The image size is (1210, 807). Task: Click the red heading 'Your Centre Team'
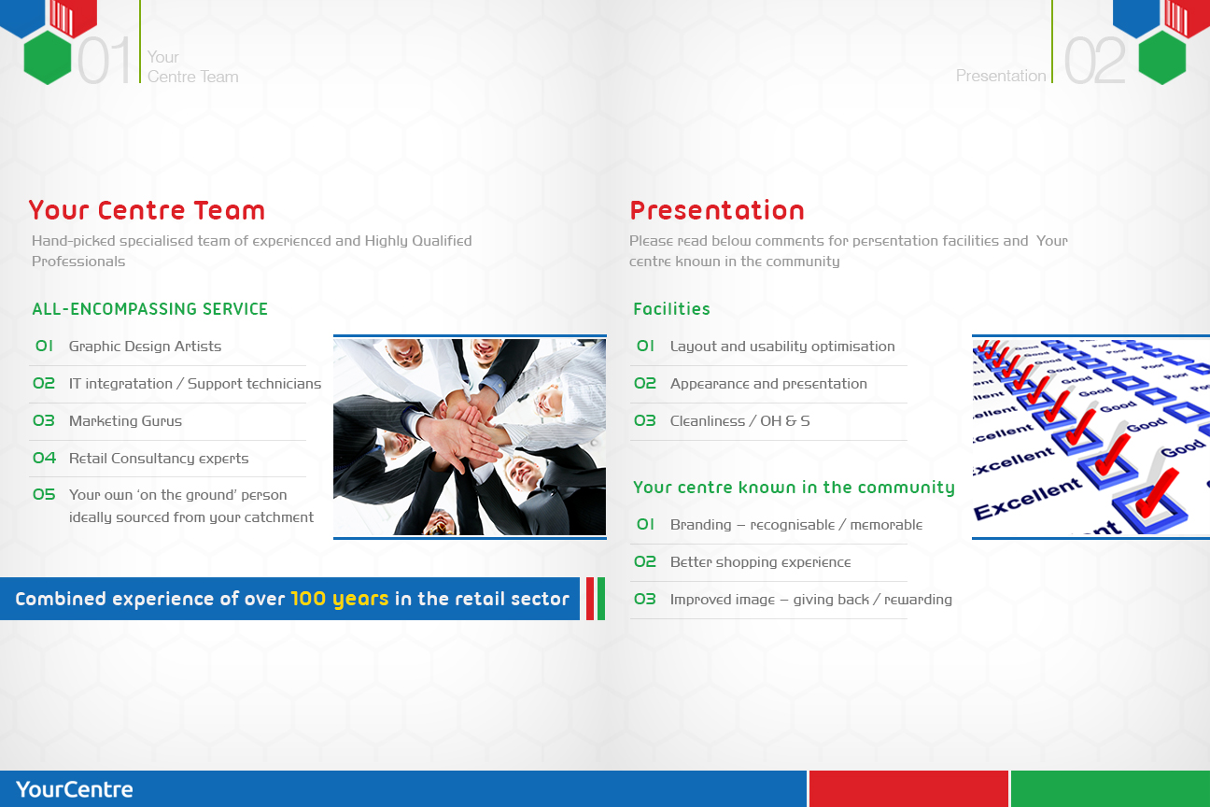pos(147,210)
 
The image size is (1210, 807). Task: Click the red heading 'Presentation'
pos(716,210)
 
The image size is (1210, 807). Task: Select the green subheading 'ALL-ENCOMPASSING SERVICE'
pos(149,309)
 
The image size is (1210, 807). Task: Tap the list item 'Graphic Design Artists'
pos(145,347)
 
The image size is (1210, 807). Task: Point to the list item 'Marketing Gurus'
pos(125,421)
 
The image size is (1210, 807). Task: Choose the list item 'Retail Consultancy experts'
pos(159,459)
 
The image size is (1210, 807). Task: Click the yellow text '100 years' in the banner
pos(339,599)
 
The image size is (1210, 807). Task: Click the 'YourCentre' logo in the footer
pos(75,789)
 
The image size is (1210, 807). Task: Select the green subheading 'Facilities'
pos(671,309)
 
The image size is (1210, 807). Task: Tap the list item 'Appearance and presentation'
pos(768,384)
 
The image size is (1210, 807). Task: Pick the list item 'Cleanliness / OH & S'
pos(739,421)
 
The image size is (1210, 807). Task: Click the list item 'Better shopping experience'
pos(760,562)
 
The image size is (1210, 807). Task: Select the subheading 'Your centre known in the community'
pos(794,488)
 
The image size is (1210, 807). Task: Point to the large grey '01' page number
pos(105,62)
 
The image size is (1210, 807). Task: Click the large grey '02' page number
pos(1094,62)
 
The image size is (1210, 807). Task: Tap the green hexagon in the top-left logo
pos(48,58)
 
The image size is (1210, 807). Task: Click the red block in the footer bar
pos(908,789)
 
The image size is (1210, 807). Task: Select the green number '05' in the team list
pos(44,495)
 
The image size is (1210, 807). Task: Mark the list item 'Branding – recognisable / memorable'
pos(795,525)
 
